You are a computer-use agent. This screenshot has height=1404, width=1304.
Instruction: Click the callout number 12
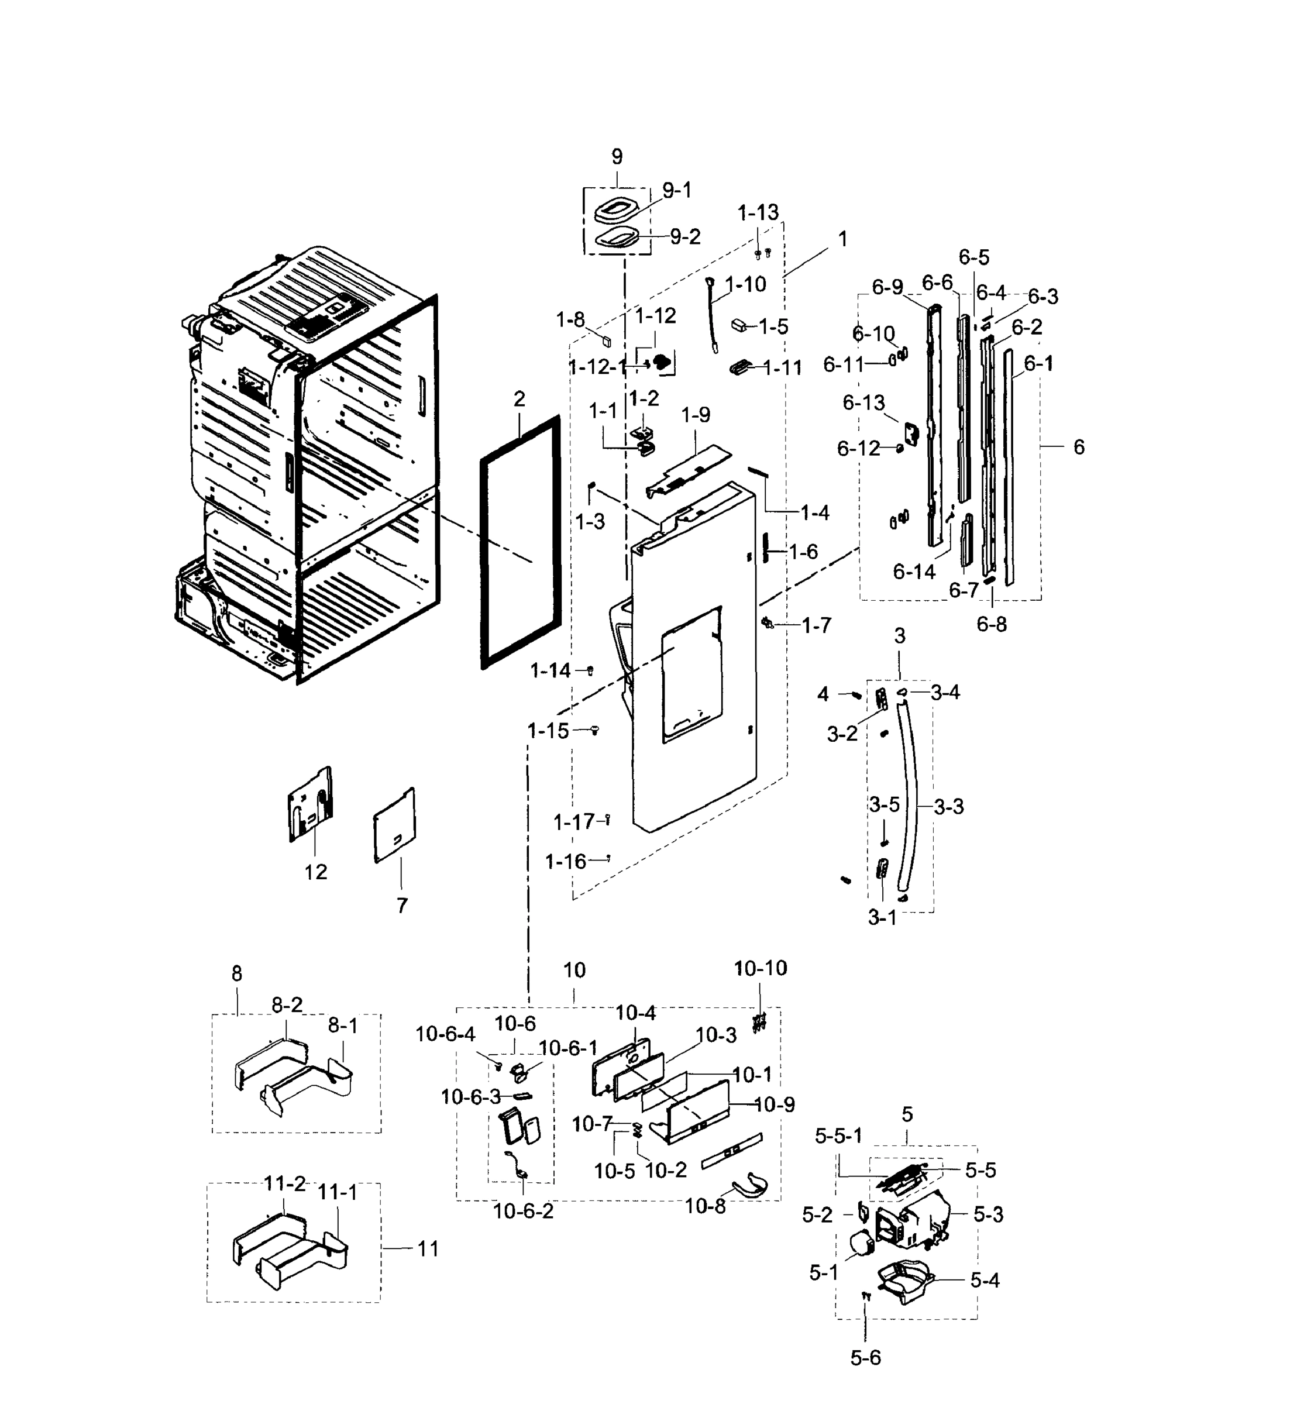(x=315, y=872)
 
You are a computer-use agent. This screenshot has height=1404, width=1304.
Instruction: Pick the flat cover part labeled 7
(x=394, y=825)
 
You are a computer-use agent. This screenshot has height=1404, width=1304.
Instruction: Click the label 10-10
(x=760, y=969)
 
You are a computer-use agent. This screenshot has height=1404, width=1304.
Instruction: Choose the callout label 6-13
(x=863, y=403)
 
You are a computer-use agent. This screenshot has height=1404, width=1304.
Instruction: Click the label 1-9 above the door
(x=695, y=415)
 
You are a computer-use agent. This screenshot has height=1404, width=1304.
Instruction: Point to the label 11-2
(x=284, y=1184)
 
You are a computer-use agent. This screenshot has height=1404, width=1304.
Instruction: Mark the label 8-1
(x=342, y=1026)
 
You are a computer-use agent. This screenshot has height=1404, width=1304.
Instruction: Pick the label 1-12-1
(x=597, y=367)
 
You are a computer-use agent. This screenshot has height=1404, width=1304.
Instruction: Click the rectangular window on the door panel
(x=691, y=674)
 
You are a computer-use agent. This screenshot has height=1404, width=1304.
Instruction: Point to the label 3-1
(x=882, y=918)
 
